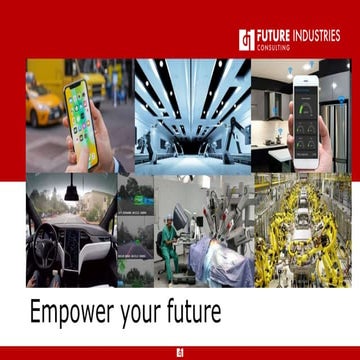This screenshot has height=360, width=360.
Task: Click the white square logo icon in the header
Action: point(246,39)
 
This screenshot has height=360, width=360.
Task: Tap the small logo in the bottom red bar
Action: point(180,351)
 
